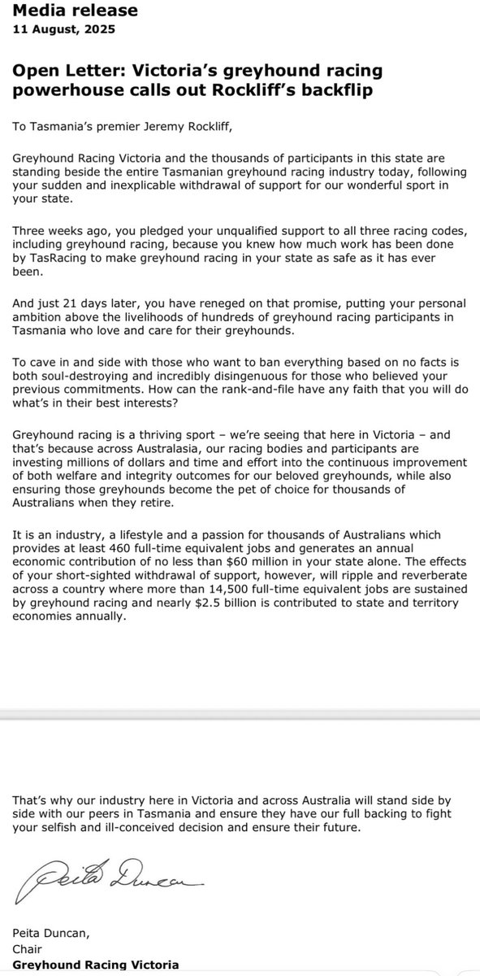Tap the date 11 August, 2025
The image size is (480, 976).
[63, 30]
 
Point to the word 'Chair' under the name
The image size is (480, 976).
[28, 949]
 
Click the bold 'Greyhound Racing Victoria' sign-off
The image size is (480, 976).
[95, 965]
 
